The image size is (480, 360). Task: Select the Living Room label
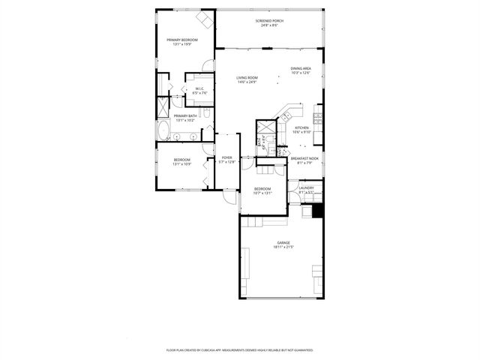point(247,77)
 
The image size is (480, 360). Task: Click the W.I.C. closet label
point(200,89)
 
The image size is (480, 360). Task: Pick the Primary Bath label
point(185,115)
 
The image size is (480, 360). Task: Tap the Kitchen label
point(301,128)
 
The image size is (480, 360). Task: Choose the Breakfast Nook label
point(304,158)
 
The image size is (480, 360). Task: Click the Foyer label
point(226,157)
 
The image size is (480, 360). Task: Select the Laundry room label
point(306,187)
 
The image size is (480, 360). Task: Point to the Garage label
point(283,242)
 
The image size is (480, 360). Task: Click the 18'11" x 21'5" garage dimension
point(283,247)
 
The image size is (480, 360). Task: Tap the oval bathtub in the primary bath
point(162,130)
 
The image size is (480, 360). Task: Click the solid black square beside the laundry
point(317,211)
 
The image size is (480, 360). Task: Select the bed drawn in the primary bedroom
point(204,18)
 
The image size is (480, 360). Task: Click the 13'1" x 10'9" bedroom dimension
point(182,163)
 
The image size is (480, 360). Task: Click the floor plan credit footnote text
point(239,349)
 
